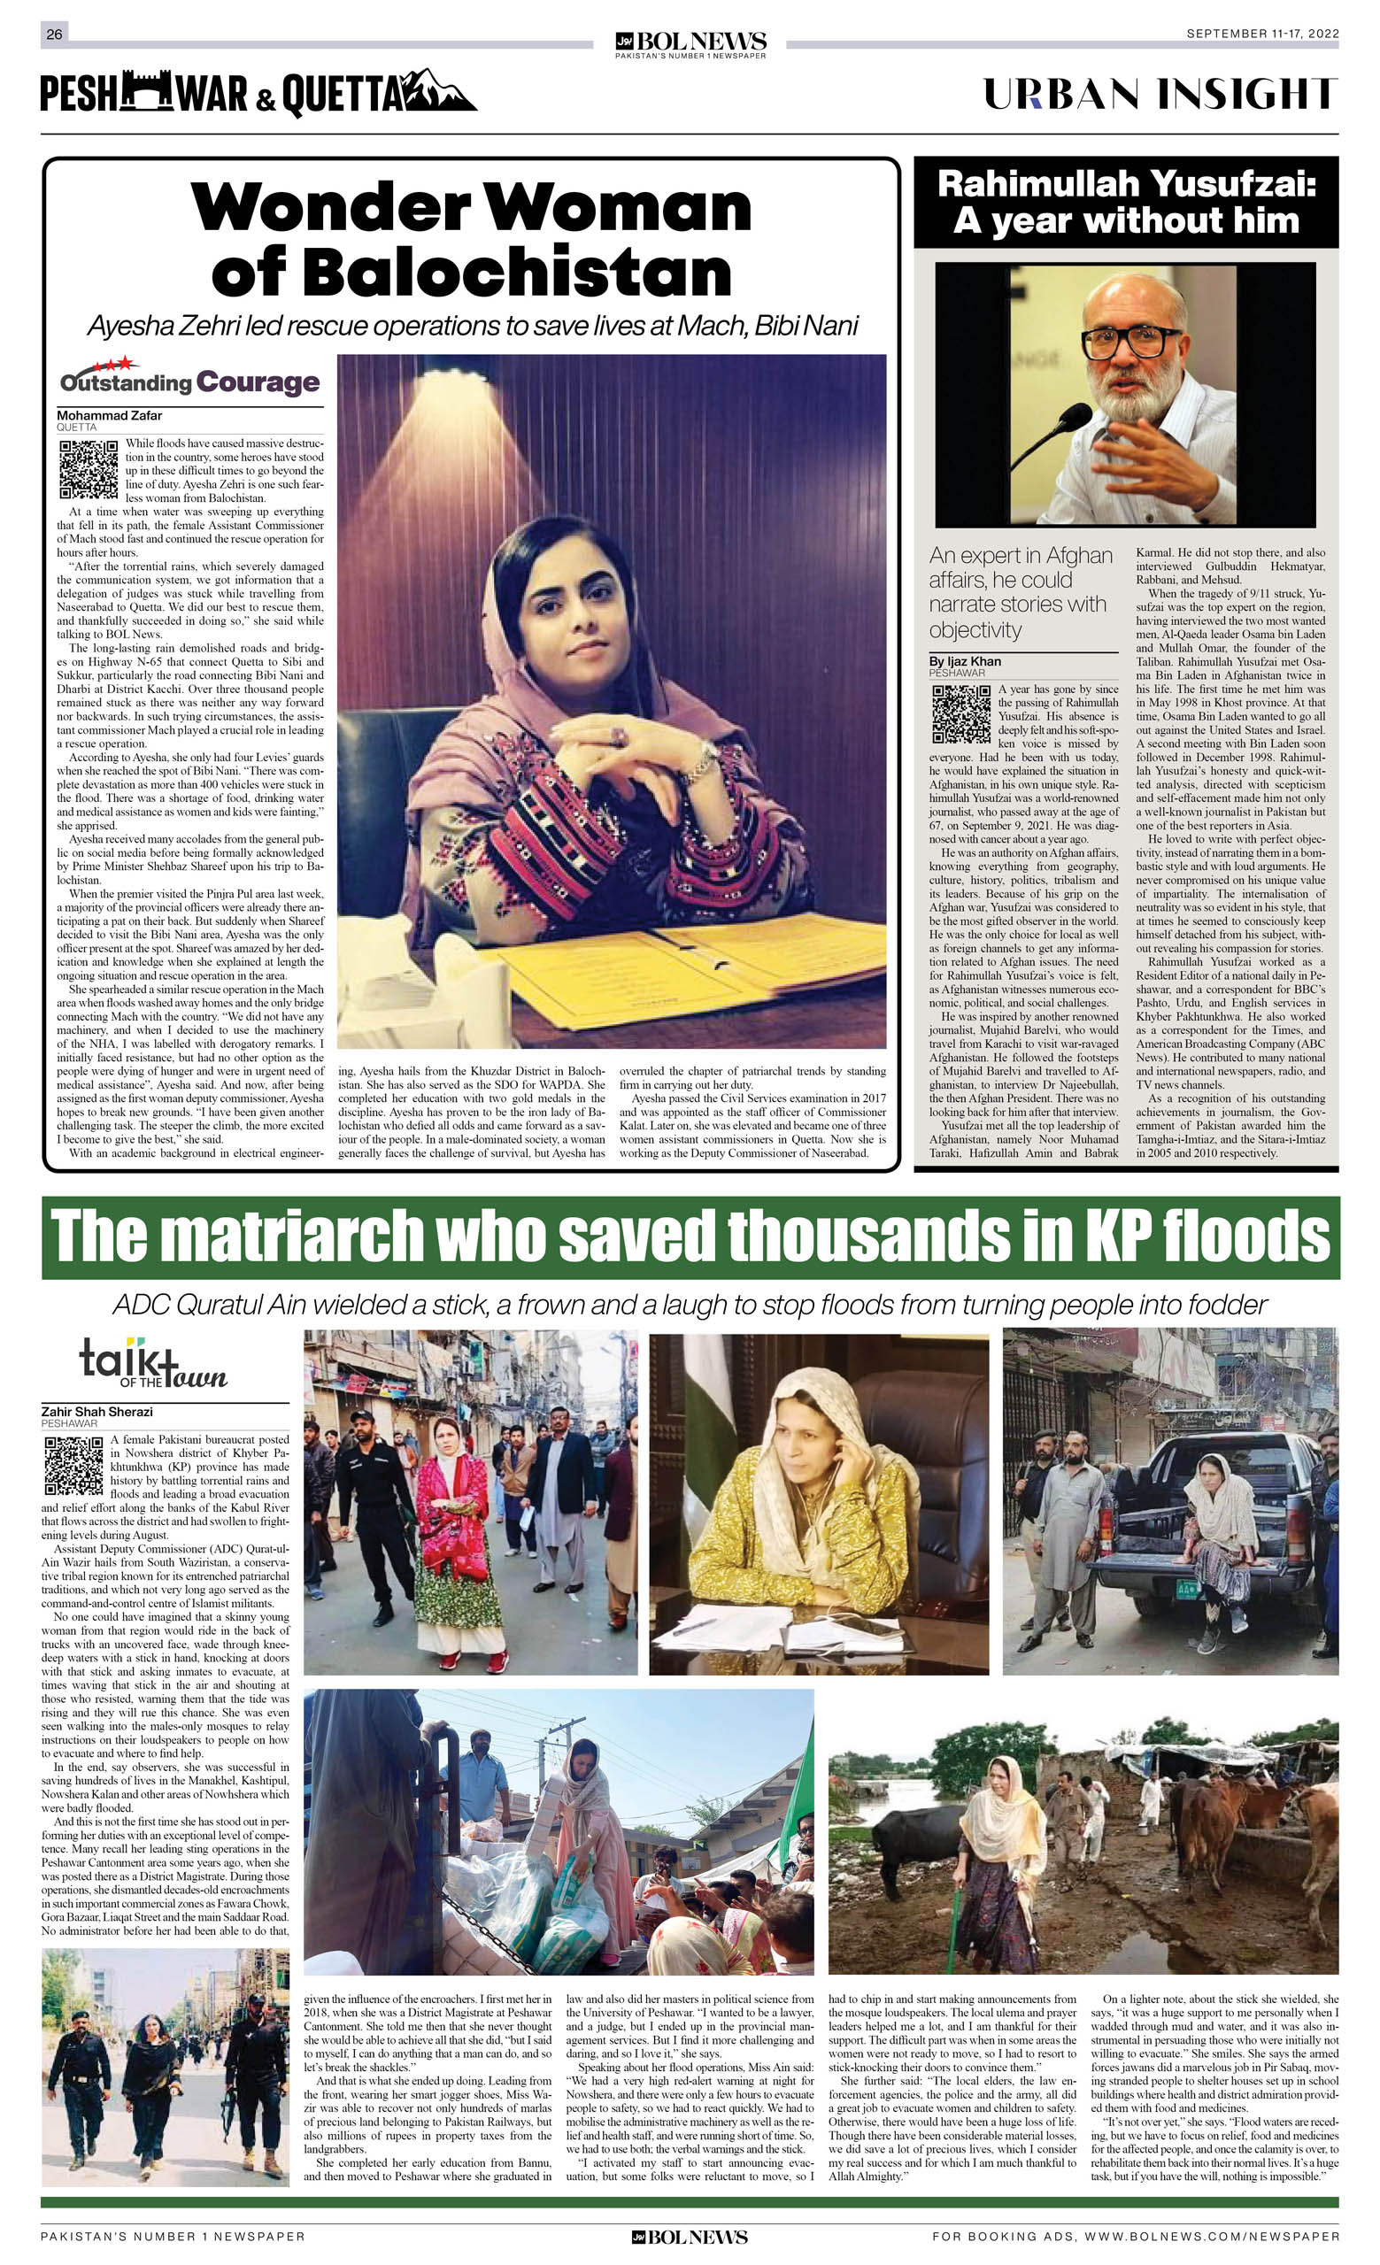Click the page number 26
click(54, 34)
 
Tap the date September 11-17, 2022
click(1261, 34)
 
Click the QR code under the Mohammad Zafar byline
click(89, 469)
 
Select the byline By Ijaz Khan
click(965, 661)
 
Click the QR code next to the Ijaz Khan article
click(960, 713)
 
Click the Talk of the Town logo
click(152, 1367)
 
